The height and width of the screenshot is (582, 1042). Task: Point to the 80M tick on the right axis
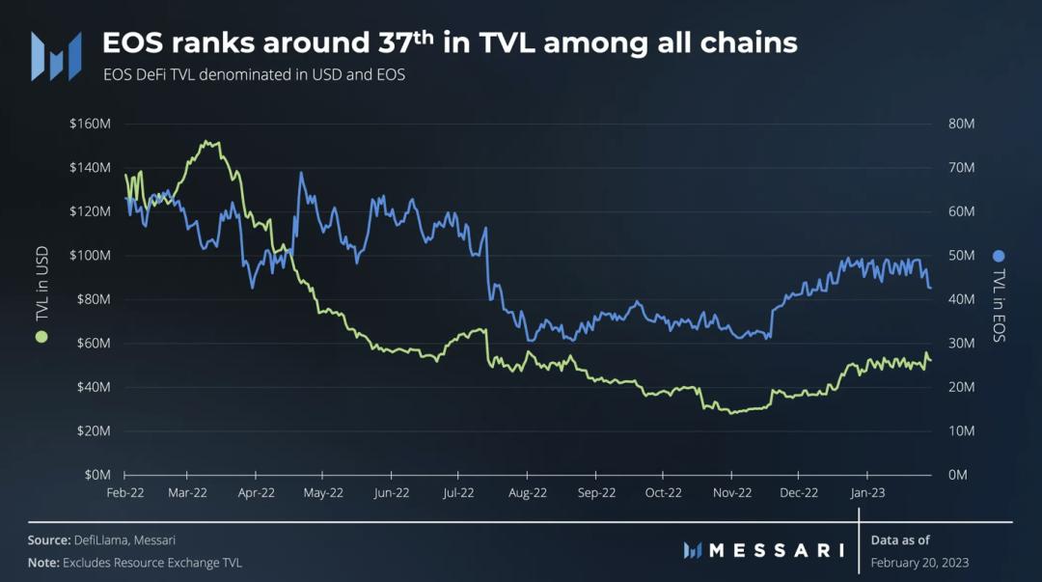coord(962,124)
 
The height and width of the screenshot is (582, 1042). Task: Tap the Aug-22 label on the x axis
coord(527,492)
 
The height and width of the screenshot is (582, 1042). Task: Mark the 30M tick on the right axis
coord(962,343)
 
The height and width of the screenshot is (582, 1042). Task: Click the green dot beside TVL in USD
coord(41,336)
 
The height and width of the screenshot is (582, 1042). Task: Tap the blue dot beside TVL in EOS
coord(999,256)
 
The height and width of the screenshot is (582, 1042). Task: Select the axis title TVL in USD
coord(41,288)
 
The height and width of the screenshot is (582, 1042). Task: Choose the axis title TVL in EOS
coord(999,304)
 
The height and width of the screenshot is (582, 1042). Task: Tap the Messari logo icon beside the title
coord(55,56)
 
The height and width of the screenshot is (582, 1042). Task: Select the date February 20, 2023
coord(919,563)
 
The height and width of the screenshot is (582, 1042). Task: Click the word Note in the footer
coord(42,563)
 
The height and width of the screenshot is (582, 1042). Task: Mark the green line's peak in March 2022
coord(206,142)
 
